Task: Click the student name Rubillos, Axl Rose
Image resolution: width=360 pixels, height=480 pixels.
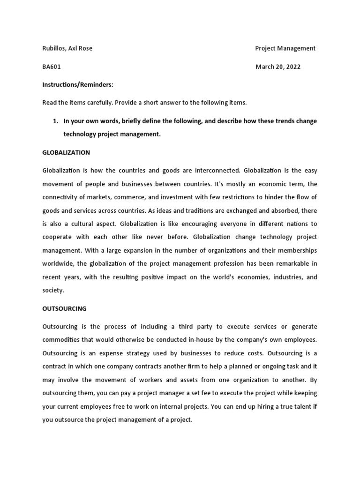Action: tap(67, 48)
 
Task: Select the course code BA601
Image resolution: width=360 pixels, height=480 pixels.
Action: tap(52, 67)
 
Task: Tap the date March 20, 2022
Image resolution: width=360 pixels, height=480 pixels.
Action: tap(278, 67)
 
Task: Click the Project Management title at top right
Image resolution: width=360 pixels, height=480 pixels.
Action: tap(285, 48)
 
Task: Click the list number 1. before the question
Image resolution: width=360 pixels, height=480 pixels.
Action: tap(55, 121)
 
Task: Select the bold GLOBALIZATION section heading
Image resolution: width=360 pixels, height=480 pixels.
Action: tap(66, 152)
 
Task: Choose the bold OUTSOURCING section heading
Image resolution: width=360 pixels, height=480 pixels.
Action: tap(64, 308)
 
